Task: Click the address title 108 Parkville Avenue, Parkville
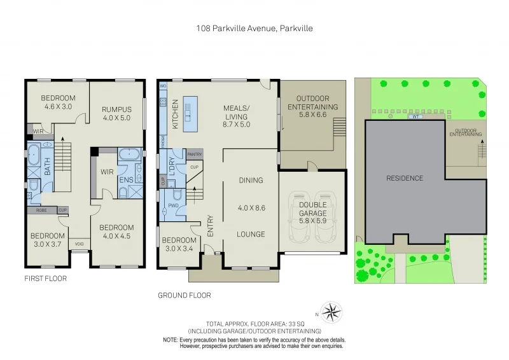[x=254, y=28]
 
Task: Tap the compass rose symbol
[x=331, y=312]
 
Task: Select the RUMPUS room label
[x=116, y=109]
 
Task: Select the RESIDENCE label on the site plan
[x=405, y=178]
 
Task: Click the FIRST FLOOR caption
[x=45, y=279]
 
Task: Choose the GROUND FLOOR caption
[x=184, y=295]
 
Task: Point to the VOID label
[x=79, y=244]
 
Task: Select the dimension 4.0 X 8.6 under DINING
[x=251, y=207]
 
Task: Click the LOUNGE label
[x=251, y=234]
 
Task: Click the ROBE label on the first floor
[x=40, y=210]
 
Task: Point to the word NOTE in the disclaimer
[x=170, y=340]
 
